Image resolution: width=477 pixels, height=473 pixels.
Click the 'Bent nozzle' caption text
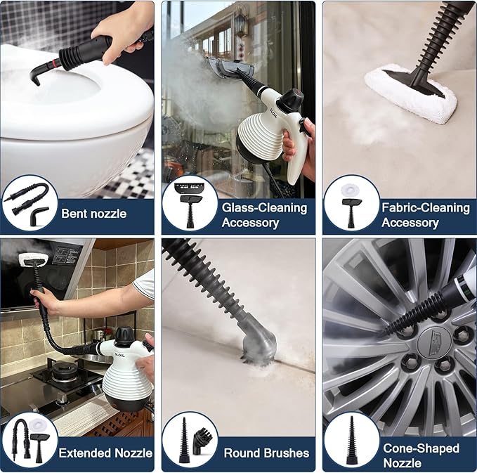pyautogui.click(x=95, y=213)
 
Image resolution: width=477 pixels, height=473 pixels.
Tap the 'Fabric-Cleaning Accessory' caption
pyautogui.click(x=425, y=215)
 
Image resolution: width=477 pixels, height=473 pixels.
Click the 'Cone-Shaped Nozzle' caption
pyautogui.click(x=421, y=455)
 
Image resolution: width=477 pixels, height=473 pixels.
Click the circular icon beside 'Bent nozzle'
pyautogui.click(x=30, y=203)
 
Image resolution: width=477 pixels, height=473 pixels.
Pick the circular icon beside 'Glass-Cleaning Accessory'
pyautogui.click(x=190, y=203)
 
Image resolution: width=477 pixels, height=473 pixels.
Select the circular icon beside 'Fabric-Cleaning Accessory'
pyautogui.click(x=351, y=203)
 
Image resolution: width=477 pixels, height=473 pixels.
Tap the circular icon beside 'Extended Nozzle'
pyautogui.click(x=30, y=441)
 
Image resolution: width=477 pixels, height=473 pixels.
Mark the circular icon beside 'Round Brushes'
pyautogui.click(x=190, y=441)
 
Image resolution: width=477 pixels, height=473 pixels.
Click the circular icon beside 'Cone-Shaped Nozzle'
pyautogui.click(x=351, y=441)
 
